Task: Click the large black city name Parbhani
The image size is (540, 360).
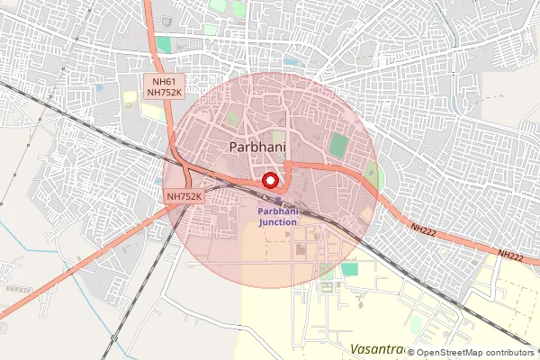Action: coord(257,147)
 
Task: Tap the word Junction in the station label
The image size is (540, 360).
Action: coord(278,220)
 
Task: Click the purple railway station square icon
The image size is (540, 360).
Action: coord(278,200)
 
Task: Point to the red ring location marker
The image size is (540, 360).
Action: coord(269,180)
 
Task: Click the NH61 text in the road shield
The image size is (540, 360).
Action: coord(162,81)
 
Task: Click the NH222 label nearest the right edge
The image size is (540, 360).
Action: coord(510,256)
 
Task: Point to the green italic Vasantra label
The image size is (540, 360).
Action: coord(376,348)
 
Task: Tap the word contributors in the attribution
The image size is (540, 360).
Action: coord(512,353)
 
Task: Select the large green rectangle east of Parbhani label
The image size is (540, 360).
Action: coord(338,144)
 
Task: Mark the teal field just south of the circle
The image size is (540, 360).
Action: coord(348,268)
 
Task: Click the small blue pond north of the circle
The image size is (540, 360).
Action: coord(292,62)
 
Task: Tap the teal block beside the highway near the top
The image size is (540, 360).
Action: coord(163,44)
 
